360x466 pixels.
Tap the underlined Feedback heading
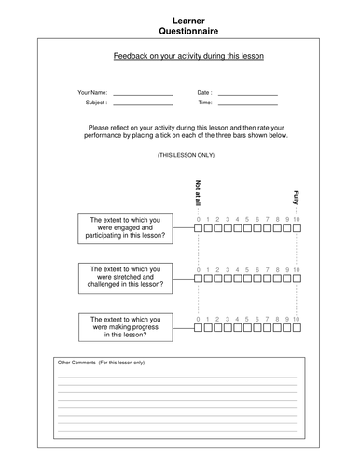pyautogui.click(x=182, y=56)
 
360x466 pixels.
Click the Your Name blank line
pyautogui.click(x=143, y=95)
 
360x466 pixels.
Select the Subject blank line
pyautogui.click(x=143, y=104)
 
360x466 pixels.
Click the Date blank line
pyautogui.click(x=247, y=95)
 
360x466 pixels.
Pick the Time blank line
pyautogui.click(x=247, y=104)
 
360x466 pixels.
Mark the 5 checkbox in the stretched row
pyautogui.click(x=247, y=277)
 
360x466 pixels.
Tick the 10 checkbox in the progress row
pyautogui.click(x=297, y=327)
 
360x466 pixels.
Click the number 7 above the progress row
pyautogui.click(x=267, y=318)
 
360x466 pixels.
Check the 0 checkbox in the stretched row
pyautogui.click(x=198, y=277)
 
